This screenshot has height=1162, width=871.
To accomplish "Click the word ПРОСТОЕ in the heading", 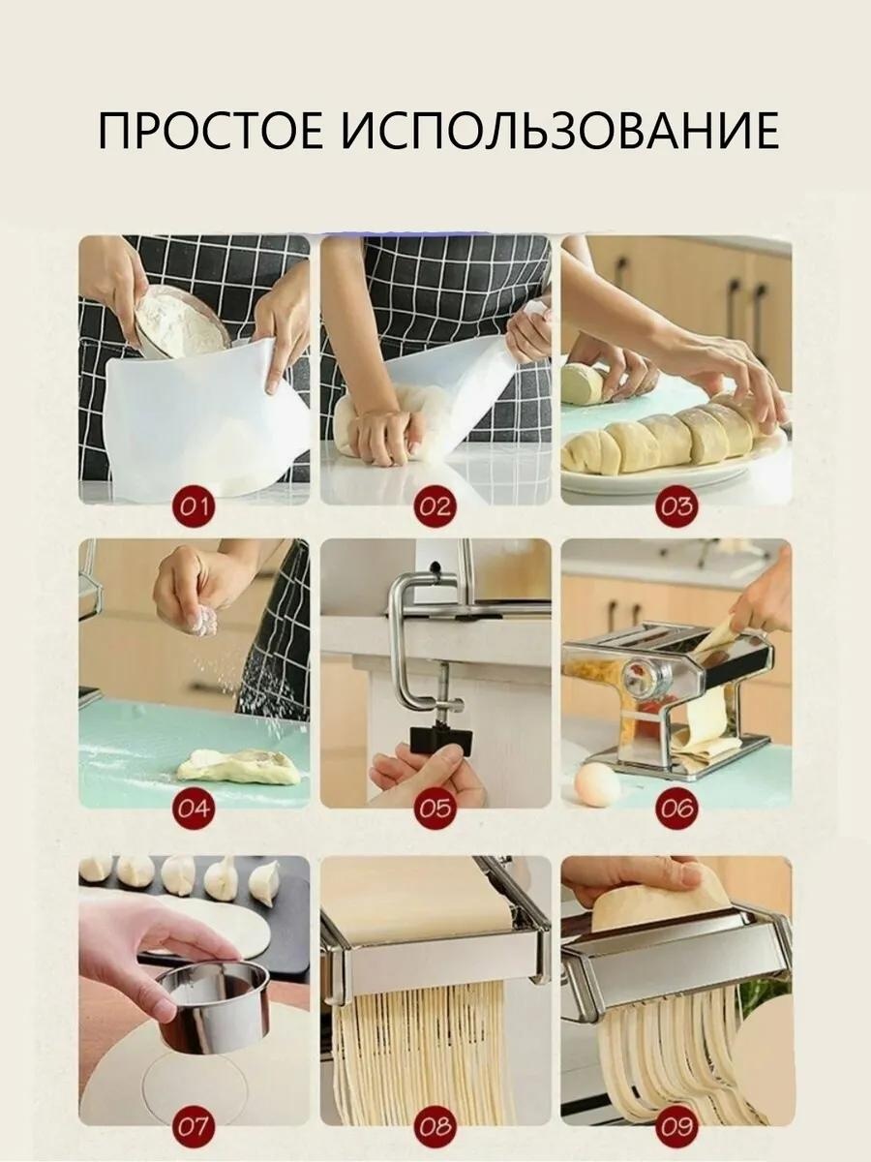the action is point(210,130).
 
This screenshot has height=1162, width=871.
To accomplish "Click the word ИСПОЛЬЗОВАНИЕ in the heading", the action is point(560,130).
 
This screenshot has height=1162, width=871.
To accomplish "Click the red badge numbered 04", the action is point(194,809).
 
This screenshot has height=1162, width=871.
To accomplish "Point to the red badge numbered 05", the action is point(435,809).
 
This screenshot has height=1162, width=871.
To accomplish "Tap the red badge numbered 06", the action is point(676,809).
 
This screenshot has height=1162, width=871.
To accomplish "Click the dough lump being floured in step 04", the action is point(236,763).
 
